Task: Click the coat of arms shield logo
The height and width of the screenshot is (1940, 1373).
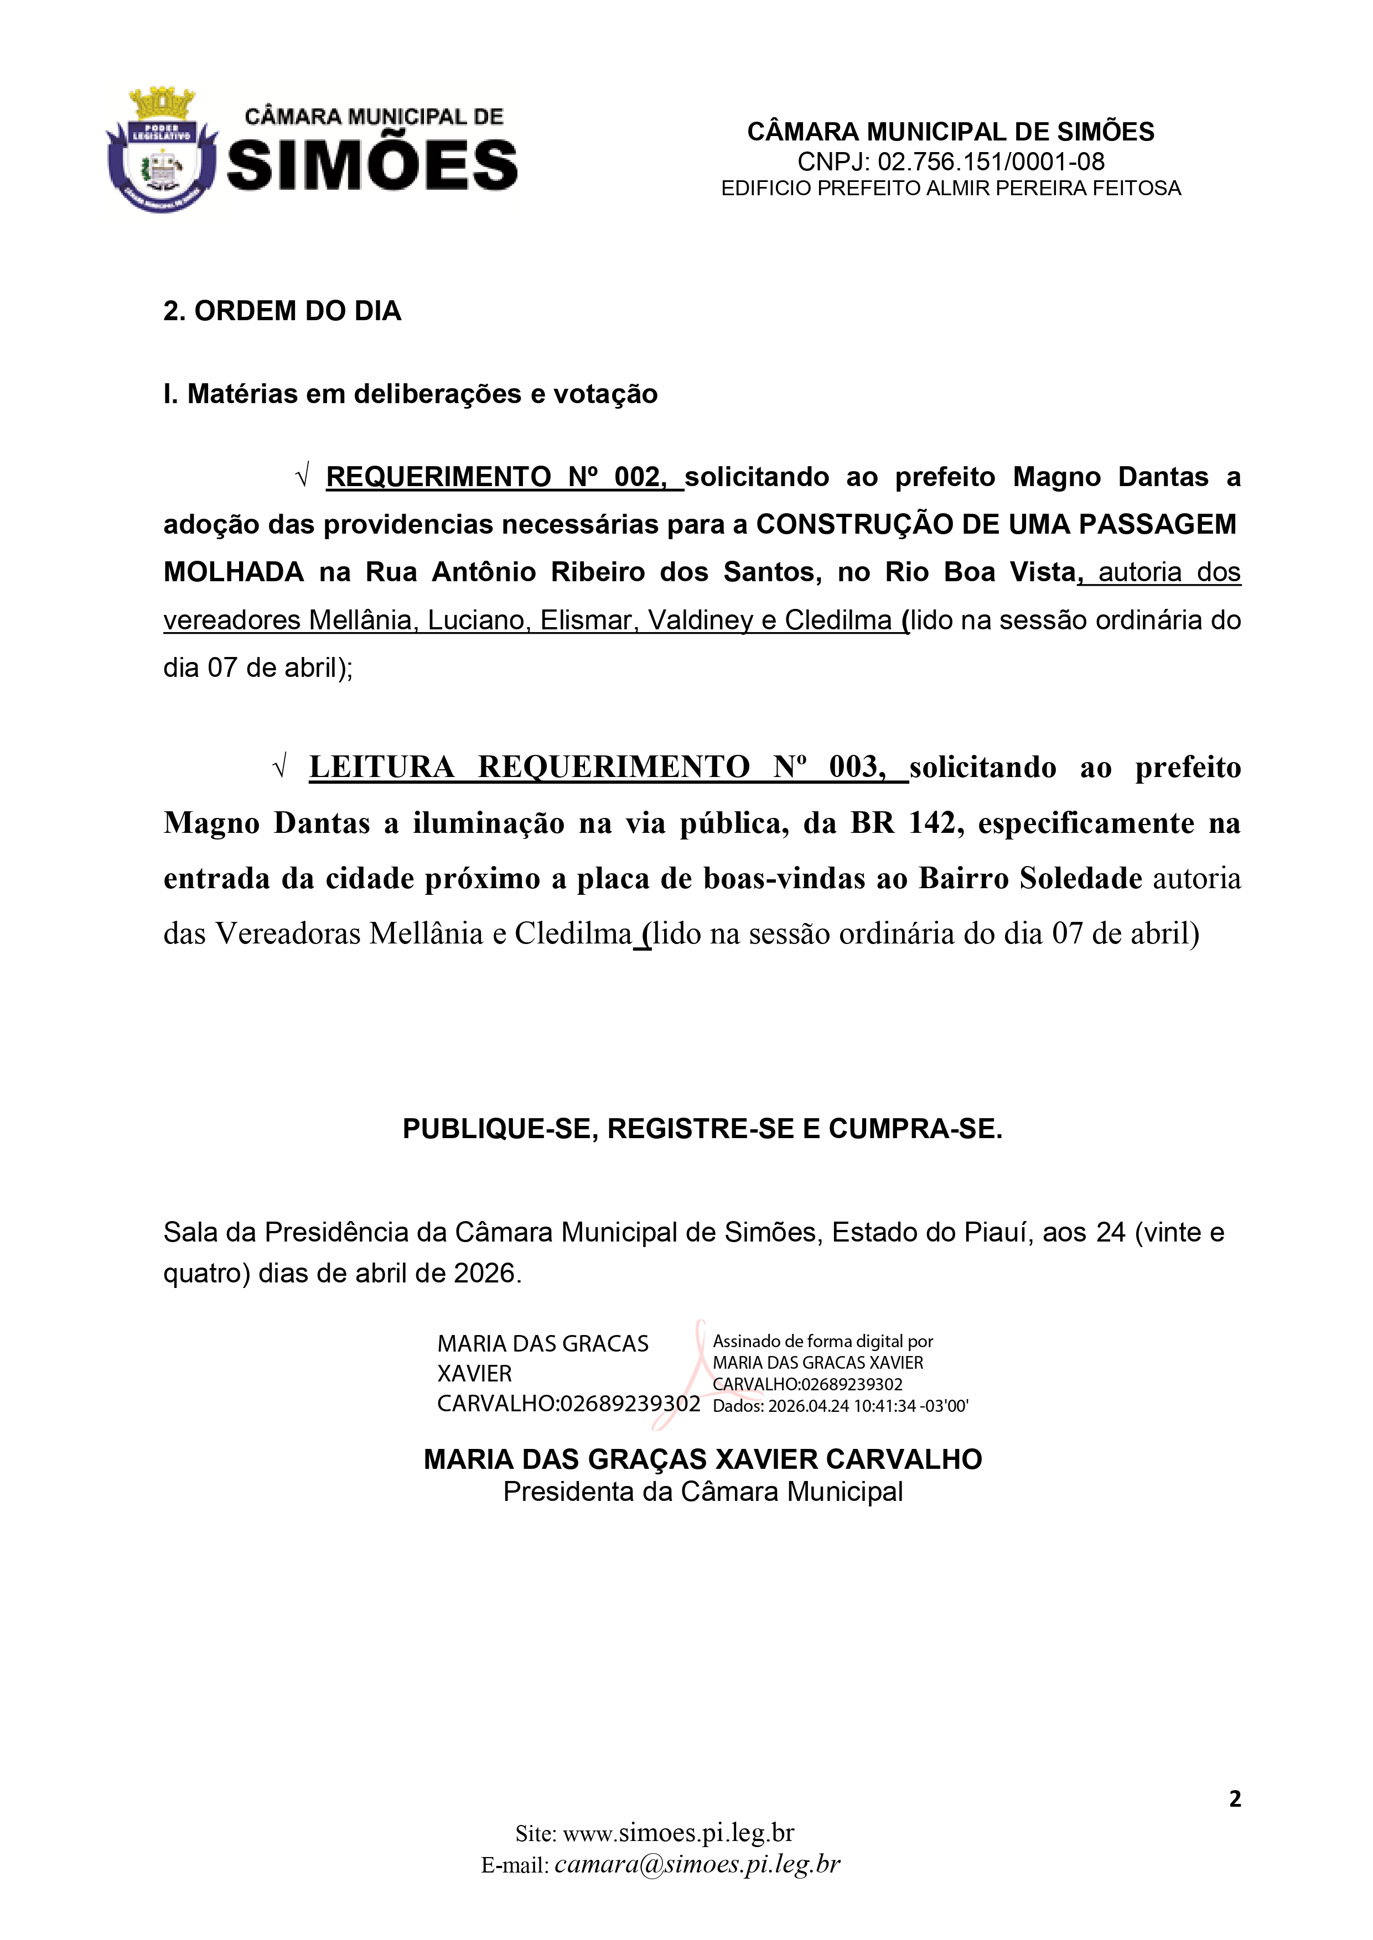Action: pyautogui.click(x=160, y=152)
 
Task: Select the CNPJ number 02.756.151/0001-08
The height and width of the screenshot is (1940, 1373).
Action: pyautogui.click(x=991, y=161)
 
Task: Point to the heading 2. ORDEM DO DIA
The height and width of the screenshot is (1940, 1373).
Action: pyautogui.click(x=282, y=311)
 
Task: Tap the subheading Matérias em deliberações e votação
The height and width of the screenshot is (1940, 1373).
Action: pyautogui.click(x=422, y=394)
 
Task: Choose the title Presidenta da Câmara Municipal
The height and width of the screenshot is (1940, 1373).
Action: pyautogui.click(x=703, y=1491)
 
